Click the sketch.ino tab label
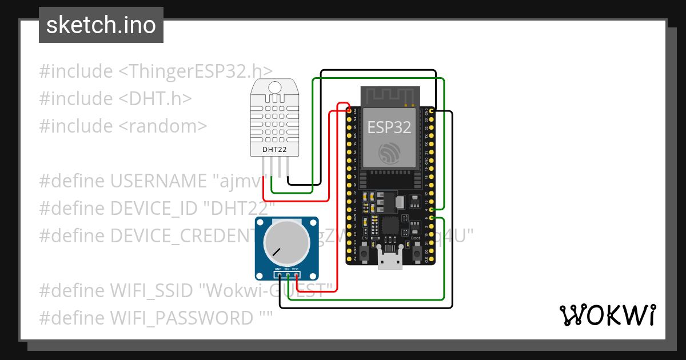click(x=101, y=25)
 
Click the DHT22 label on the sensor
click(x=274, y=150)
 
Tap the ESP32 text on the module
click(x=389, y=127)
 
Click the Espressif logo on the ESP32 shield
click(x=389, y=153)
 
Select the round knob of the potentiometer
click(x=286, y=242)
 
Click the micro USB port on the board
click(x=390, y=261)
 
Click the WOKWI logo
click(x=607, y=314)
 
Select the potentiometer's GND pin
click(x=278, y=275)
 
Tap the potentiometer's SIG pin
click(x=288, y=275)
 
